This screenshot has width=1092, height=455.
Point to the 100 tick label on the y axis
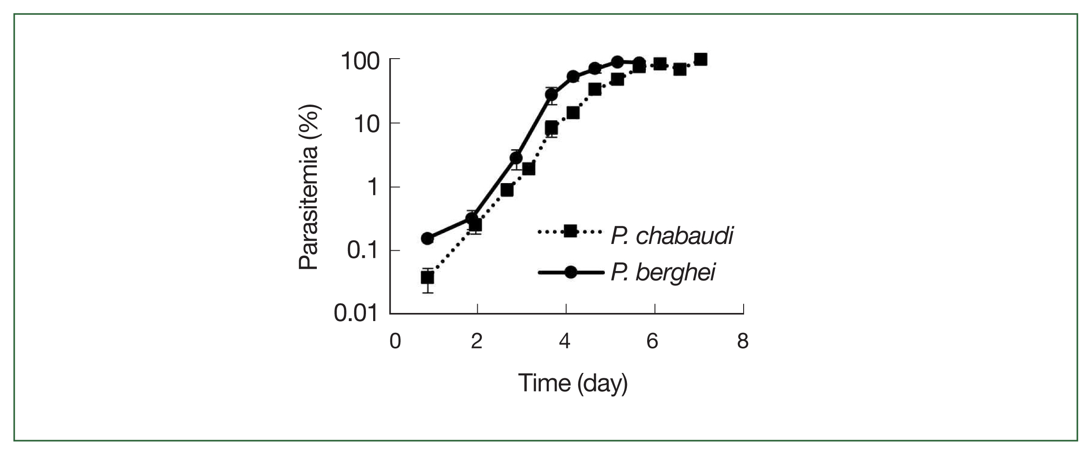(x=361, y=61)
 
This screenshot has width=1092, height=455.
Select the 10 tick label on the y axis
(x=366, y=124)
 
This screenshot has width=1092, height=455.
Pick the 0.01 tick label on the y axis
(x=356, y=313)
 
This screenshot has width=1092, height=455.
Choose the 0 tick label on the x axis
(x=395, y=341)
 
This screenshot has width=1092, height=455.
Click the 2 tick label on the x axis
(x=477, y=341)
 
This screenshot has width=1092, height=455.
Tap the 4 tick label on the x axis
(x=565, y=341)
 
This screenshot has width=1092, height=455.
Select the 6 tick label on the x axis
(x=652, y=341)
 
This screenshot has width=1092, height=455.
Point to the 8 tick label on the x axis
(x=743, y=341)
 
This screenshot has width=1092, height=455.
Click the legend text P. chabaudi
(x=672, y=236)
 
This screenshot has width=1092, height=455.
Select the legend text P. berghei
(x=663, y=272)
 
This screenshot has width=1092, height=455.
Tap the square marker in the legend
(x=571, y=231)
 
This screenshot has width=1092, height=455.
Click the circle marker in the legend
(x=571, y=272)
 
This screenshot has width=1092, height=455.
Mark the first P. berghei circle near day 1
(x=427, y=238)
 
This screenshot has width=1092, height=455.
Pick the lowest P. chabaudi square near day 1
(x=427, y=278)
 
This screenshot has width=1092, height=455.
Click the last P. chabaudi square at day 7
(x=700, y=60)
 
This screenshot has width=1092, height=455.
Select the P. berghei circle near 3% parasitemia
(x=516, y=158)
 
